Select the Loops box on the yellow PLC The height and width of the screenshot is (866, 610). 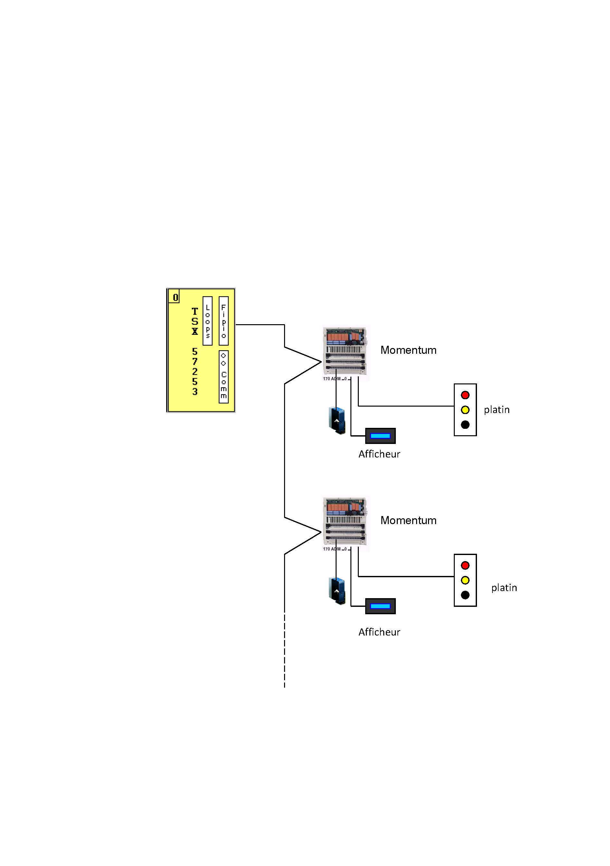pyautogui.click(x=207, y=321)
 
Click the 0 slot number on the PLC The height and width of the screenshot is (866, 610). pyautogui.click(x=175, y=297)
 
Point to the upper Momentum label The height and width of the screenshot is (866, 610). pyautogui.click(x=408, y=350)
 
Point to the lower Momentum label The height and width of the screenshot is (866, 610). pyautogui.click(x=408, y=521)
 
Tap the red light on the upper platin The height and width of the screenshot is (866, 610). pyautogui.click(x=465, y=395)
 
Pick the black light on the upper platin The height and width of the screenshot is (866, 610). pyautogui.click(x=465, y=425)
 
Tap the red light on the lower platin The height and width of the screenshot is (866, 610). pyautogui.click(x=465, y=565)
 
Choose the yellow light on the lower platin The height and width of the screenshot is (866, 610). pyautogui.click(x=465, y=580)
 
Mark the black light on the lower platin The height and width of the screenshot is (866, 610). pyautogui.click(x=465, y=595)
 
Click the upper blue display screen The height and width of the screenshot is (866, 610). pyautogui.click(x=380, y=436)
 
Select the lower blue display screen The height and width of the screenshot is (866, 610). pyautogui.click(x=380, y=606)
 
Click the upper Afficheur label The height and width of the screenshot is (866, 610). pyautogui.click(x=379, y=454)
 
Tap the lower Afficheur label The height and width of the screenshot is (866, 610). pyautogui.click(x=379, y=632)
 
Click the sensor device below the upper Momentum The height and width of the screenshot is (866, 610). pyautogui.click(x=337, y=420)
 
